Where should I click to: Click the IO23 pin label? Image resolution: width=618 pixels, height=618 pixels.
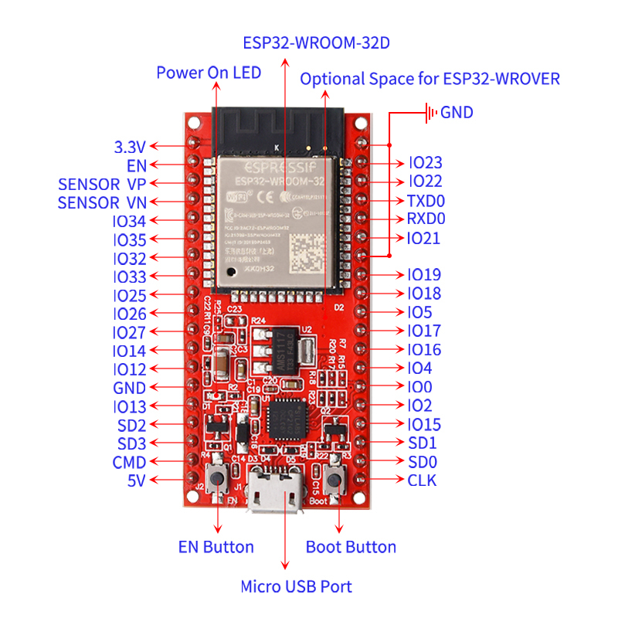point(425,163)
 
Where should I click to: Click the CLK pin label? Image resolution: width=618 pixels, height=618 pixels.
point(422,480)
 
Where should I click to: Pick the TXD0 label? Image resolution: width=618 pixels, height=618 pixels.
point(426,201)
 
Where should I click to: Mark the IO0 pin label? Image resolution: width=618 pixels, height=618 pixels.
point(419,387)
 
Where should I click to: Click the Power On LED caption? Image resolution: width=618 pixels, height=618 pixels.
point(209,73)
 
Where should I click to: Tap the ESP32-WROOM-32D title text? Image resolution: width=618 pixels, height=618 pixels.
point(316,42)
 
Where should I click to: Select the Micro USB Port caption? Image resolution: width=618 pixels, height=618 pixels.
point(296,586)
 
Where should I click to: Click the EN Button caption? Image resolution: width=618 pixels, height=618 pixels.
point(216,547)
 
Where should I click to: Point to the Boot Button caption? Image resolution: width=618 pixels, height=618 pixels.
point(351,547)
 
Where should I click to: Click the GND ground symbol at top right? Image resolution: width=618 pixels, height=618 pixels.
point(430,113)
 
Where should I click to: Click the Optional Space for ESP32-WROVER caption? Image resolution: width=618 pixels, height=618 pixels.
point(430,79)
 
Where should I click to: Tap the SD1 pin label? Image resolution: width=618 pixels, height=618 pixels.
point(422,443)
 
